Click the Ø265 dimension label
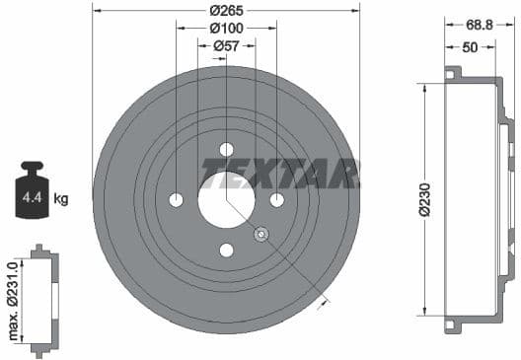(227, 10)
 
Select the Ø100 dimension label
(227, 28)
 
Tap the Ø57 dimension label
(227, 45)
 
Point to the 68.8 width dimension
(482, 23)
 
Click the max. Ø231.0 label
(14, 295)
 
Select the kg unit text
(61, 199)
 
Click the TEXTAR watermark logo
(280, 173)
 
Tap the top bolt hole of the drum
(226, 150)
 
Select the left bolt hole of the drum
(177, 200)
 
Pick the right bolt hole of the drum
(277, 200)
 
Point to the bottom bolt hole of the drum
(226, 251)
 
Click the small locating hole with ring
(261, 235)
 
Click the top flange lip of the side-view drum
(452, 73)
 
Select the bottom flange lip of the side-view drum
(452, 324)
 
